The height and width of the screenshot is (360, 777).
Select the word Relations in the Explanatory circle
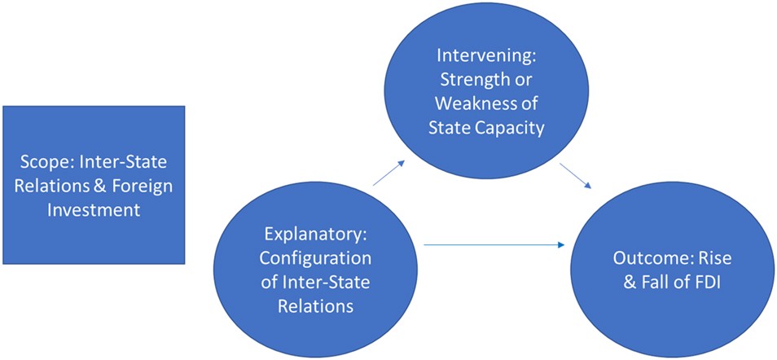(316, 306)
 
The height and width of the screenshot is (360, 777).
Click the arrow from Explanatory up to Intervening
(390, 174)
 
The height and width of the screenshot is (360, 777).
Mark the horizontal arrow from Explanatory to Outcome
(494, 244)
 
